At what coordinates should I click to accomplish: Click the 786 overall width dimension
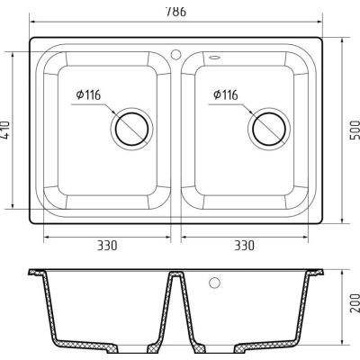pyautogui.click(x=175, y=12)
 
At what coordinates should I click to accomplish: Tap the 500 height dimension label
pyautogui.click(x=355, y=130)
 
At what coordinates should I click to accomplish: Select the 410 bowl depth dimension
pyautogui.click(x=5, y=130)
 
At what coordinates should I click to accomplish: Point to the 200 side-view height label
pyautogui.click(x=355, y=302)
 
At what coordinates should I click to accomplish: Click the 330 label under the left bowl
pyautogui.click(x=107, y=246)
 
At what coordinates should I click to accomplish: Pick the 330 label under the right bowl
pyautogui.click(x=244, y=246)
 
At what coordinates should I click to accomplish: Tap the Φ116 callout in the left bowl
pyautogui.click(x=88, y=95)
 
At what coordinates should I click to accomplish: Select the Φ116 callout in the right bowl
pyautogui.click(x=226, y=95)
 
